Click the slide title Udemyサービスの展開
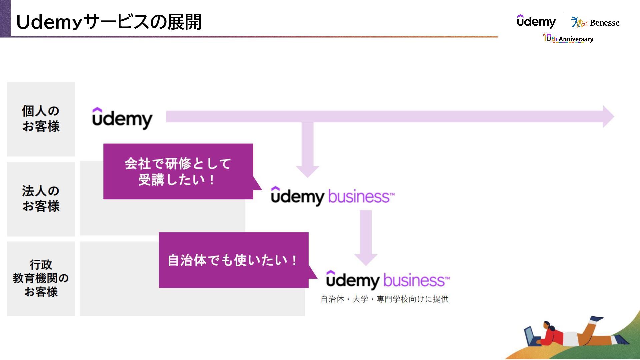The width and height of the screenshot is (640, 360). pos(109,22)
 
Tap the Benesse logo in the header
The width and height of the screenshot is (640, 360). pos(595,22)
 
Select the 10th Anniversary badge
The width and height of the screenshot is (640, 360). pos(568,38)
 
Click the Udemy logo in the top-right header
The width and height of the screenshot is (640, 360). pos(536,21)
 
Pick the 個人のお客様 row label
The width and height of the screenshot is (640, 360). pos(41,119)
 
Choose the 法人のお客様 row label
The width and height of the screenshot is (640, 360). pos(41,199)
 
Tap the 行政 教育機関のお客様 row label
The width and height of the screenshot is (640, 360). pos(41,278)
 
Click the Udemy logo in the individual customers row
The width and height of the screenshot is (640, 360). pos(122,118)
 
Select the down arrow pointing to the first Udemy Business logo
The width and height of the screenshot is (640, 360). pos(307,150)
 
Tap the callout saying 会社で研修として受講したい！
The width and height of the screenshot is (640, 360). pos(178,171)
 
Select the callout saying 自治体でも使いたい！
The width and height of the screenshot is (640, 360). pos(233,260)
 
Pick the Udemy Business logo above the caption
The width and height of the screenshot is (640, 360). pos(388,280)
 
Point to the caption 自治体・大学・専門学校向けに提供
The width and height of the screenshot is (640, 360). pos(384,299)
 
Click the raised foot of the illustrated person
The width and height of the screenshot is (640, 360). pos(597,319)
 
